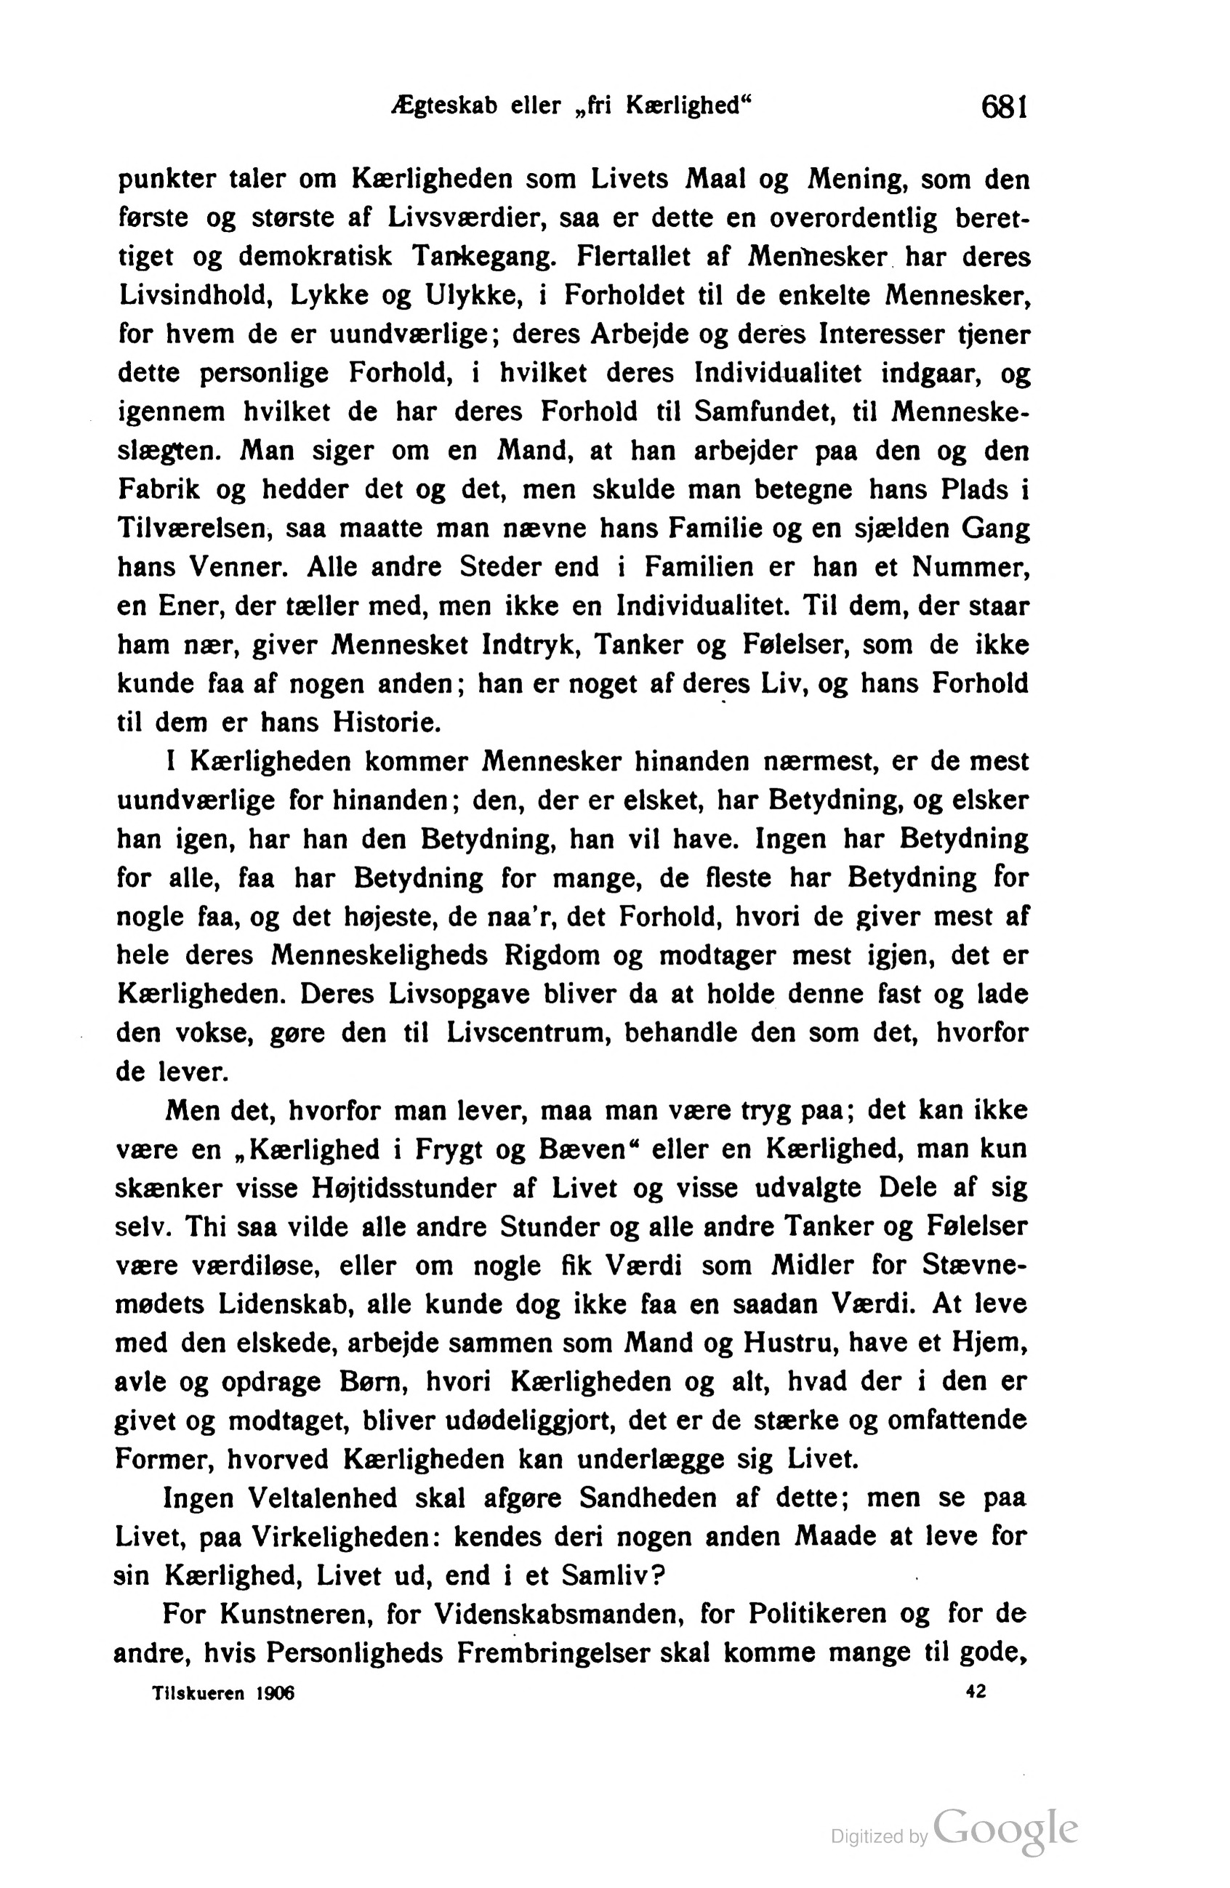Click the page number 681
click(x=1004, y=105)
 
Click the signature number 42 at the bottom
click(x=976, y=1691)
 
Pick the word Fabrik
click(x=158, y=489)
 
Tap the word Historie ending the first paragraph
click(x=385, y=723)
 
